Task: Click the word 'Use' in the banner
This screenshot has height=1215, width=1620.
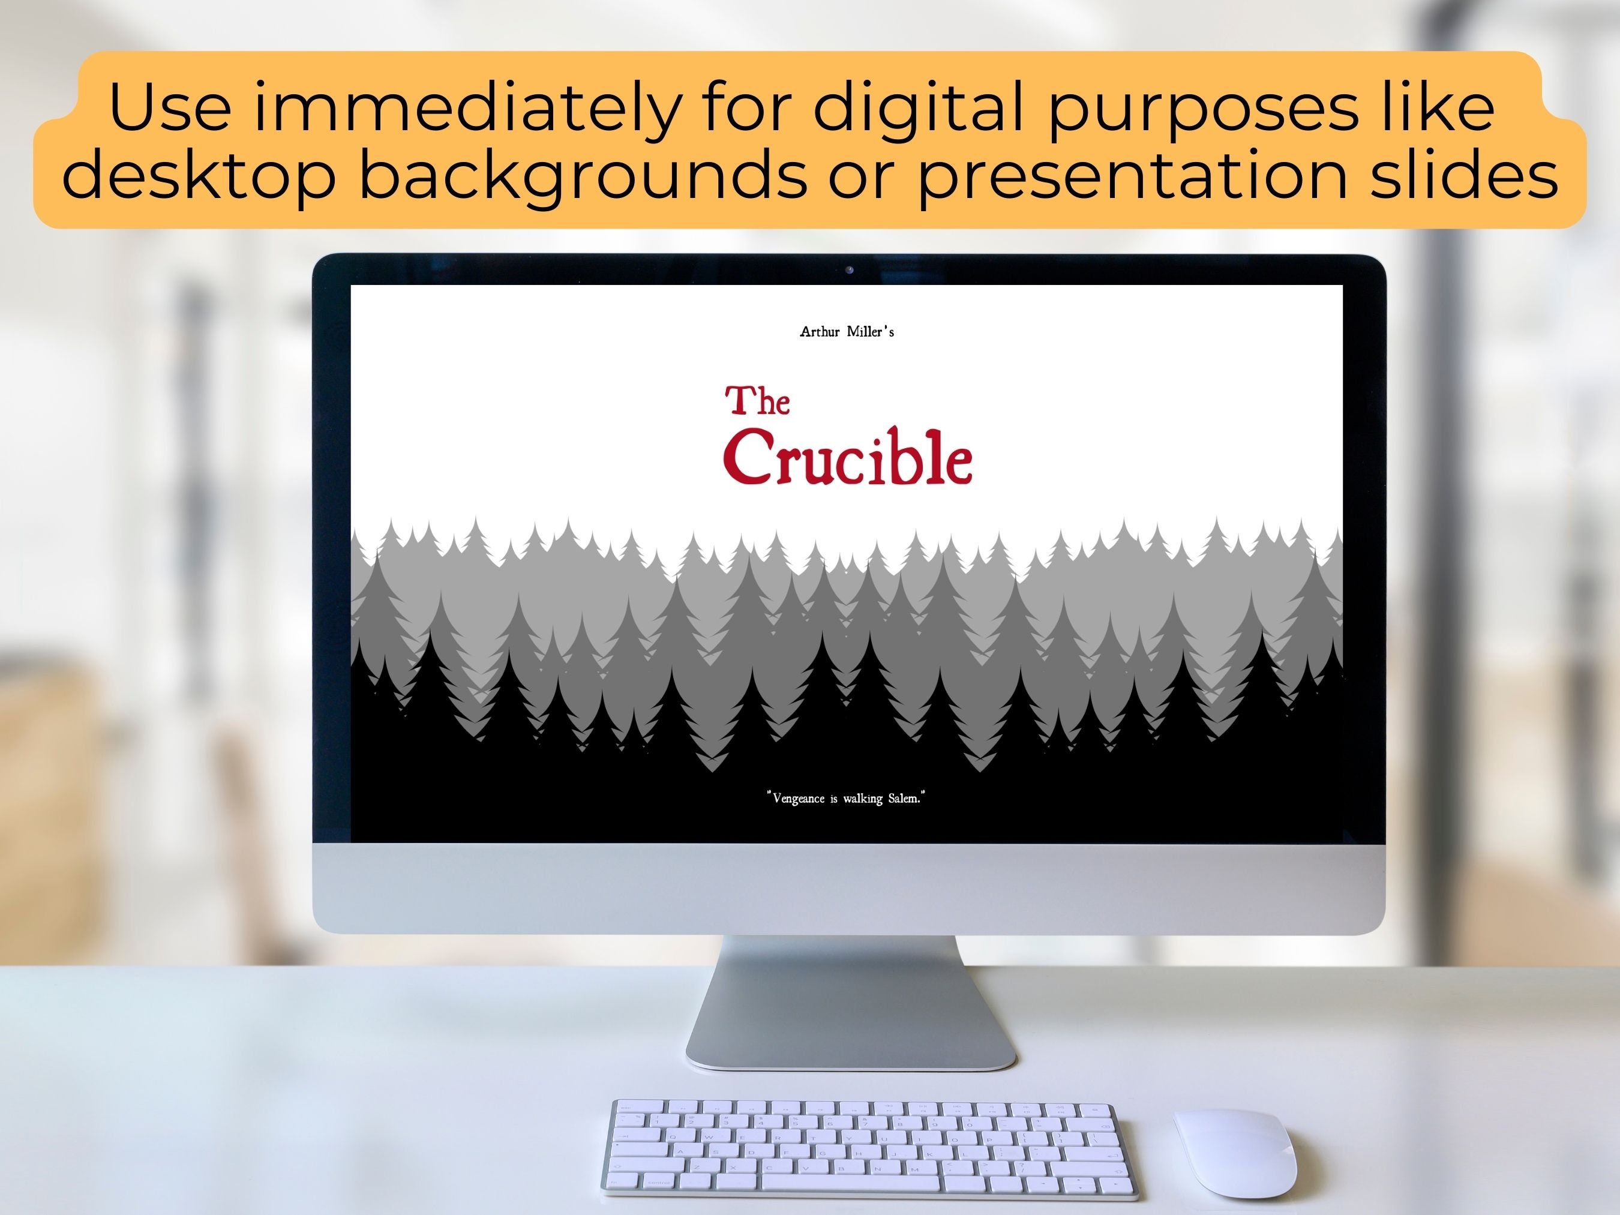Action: tap(170, 109)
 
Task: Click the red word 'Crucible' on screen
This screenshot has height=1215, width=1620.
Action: tap(848, 458)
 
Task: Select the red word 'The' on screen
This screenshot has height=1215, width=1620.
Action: tap(757, 401)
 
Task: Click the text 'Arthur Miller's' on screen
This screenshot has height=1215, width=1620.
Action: tap(847, 332)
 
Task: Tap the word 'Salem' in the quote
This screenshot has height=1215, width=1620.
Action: tap(903, 797)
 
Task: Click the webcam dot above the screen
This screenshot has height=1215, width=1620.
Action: tap(850, 270)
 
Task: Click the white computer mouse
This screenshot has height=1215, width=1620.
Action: tap(1235, 1153)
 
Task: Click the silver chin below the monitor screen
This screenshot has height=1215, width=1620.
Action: tap(849, 887)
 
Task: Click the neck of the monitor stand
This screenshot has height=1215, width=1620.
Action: tap(850, 982)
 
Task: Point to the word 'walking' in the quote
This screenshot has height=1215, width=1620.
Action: tap(862, 798)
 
